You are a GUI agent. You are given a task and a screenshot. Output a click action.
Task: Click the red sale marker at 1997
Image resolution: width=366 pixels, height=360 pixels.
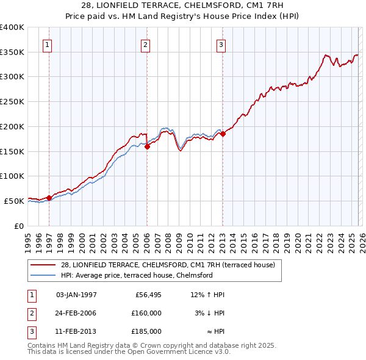pos(49,198)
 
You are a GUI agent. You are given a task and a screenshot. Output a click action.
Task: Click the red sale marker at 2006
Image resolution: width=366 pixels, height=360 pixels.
pos(147,146)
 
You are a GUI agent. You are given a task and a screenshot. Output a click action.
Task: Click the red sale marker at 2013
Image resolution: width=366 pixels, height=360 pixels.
pos(223,134)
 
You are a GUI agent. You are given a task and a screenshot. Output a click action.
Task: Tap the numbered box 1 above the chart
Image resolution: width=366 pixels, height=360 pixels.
pos(48,44)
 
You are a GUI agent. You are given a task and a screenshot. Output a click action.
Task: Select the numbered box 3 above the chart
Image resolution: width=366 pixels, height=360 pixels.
pos(221,44)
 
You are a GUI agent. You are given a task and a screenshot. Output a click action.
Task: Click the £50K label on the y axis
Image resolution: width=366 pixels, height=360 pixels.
pos(14,201)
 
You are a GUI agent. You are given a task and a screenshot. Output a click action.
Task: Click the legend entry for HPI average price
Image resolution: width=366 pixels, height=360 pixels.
pos(136,275)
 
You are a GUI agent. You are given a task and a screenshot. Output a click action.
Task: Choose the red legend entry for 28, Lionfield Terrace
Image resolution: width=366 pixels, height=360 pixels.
pos(168,265)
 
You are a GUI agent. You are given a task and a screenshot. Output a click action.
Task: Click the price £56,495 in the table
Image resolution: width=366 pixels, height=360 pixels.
pos(146,295)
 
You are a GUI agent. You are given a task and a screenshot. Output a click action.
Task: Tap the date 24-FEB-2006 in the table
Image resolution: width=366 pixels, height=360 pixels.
pos(76,312)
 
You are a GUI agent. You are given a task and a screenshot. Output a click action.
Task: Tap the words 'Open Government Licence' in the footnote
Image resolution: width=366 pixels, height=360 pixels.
pos(165,352)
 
